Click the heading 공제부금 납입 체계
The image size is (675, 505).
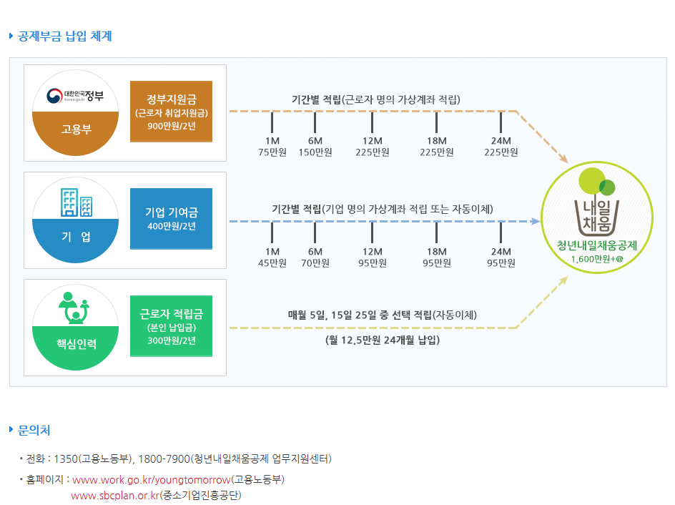[65, 36]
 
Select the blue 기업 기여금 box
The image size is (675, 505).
[172, 218]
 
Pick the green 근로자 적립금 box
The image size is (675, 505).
[172, 325]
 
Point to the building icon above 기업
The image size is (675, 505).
[76, 202]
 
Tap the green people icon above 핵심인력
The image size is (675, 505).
[74, 308]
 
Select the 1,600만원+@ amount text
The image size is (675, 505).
[598, 259]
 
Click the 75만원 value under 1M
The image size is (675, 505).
[272, 152]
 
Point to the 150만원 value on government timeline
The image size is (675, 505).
[315, 152]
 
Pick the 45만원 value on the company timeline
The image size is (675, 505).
[272, 263]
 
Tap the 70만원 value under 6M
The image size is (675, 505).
[315, 263]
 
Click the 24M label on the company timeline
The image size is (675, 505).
[501, 252]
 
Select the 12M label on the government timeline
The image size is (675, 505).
[373, 141]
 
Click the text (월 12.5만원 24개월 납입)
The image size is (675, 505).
[383, 340]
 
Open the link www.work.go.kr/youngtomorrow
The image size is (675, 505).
[152, 479]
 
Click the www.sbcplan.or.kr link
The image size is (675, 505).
[114, 496]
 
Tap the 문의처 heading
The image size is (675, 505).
[34, 430]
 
